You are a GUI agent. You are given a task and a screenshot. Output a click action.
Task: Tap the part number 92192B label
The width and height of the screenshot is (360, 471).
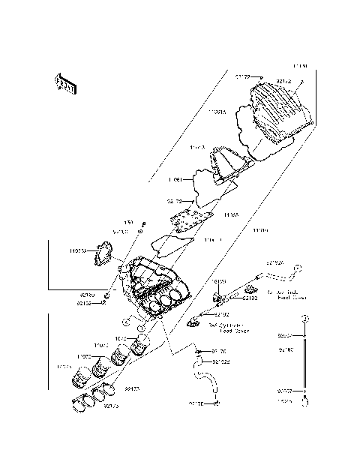[x=221, y=361]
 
